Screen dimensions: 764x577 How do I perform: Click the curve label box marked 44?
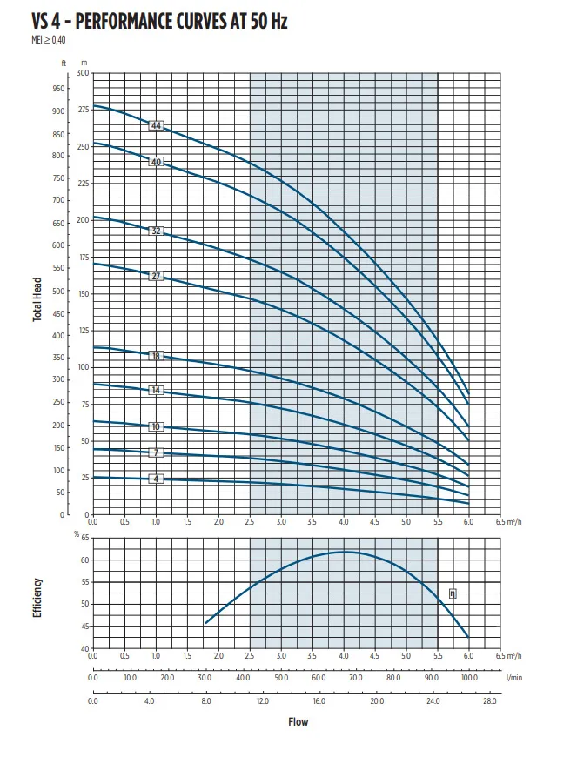click(157, 126)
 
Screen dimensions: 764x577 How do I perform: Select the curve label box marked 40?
click(157, 162)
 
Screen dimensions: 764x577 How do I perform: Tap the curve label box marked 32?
click(157, 231)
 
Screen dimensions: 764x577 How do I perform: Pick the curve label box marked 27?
click(157, 277)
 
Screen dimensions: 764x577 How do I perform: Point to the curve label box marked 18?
click(157, 357)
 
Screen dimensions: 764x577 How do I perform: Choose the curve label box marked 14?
click(157, 391)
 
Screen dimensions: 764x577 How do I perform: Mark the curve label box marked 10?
click(157, 426)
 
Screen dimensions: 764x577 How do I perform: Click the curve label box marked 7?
click(157, 453)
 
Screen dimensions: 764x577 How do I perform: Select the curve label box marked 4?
click(157, 479)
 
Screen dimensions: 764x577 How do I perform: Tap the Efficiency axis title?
click(37, 598)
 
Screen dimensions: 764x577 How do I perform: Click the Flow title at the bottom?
click(298, 721)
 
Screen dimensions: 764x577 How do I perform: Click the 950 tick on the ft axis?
click(59, 89)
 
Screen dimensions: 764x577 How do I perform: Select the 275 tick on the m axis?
click(84, 110)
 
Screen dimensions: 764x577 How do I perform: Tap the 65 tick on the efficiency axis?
click(84, 539)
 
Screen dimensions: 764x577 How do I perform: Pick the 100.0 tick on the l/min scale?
click(469, 676)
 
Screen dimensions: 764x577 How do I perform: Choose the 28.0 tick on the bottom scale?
click(490, 701)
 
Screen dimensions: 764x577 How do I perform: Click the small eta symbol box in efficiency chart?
click(453, 593)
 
